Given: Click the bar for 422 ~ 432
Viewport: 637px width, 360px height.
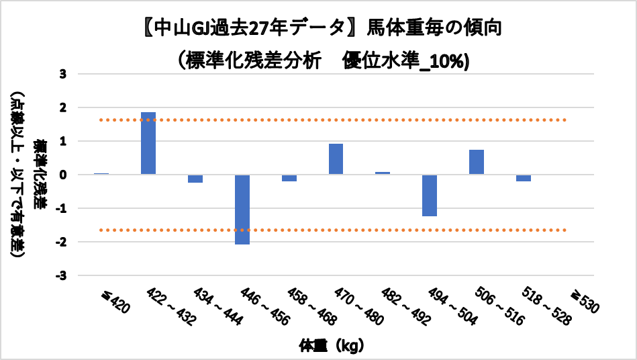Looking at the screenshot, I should pyautogui.click(x=148, y=143).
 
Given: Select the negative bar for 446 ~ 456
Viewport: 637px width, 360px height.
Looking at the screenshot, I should pyautogui.click(x=242, y=210).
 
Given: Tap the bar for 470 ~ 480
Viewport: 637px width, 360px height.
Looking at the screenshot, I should pyautogui.click(x=336, y=159).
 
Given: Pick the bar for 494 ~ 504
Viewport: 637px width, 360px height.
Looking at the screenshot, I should pyautogui.click(x=430, y=195).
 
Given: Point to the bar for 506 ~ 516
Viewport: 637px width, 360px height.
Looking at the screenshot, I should pyautogui.click(x=477, y=162).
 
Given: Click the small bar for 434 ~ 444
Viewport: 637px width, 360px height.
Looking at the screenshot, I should pyautogui.click(x=195, y=179).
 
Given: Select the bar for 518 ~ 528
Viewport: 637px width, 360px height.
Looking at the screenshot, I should pyautogui.click(x=524, y=178).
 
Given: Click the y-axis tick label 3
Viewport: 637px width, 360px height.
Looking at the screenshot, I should pyautogui.click(x=63, y=74).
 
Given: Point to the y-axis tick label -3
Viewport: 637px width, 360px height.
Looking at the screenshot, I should pyautogui.click(x=61, y=275).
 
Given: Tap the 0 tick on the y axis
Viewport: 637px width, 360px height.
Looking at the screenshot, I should pyautogui.click(x=63, y=175).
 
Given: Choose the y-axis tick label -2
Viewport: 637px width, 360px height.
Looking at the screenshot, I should pyautogui.click(x=61, y=242).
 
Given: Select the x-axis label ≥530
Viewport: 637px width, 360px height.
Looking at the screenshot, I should pyautogui.click(x=581, y=303).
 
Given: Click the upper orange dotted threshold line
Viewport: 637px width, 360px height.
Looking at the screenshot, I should pyautogui.click(x=336, y=120).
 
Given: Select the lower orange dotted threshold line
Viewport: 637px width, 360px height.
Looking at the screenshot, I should pyautogui.click(x=336, y=230).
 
